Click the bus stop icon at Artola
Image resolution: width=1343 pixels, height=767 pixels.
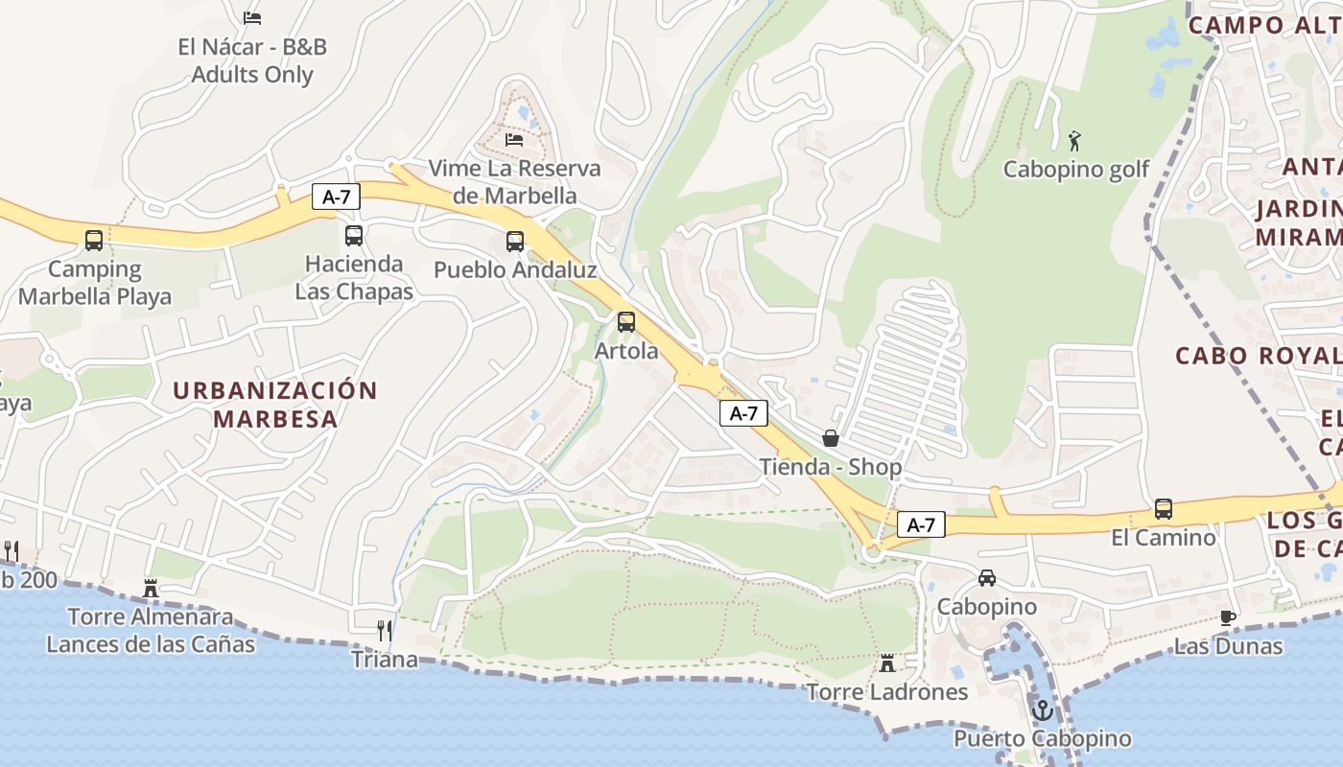click(x=626, y=322)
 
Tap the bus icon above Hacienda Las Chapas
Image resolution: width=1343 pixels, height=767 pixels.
click(x=354, y=235)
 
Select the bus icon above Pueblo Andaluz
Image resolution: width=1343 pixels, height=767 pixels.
click(x=515, y=241)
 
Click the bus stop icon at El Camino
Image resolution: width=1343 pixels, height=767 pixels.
click(x=1164, y=508)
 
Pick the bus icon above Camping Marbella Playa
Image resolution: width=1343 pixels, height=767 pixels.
click(x=94, y=240)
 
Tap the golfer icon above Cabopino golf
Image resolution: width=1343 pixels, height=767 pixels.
click(x=1074, y=141)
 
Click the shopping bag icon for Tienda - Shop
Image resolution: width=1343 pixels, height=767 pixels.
click(x=831, y=438)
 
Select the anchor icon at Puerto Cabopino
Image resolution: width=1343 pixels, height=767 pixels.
click(x=1042, y=710)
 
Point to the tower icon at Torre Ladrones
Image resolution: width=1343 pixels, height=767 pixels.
click(x=887, y=662)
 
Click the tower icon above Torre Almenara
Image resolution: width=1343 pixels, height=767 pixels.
click(x=151, y=587)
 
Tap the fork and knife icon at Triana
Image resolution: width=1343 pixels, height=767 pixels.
click(x=385, y=630)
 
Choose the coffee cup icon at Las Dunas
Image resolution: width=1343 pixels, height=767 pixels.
click(x=1227, y=617)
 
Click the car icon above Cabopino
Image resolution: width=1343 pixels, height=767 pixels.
click(x=987, y=578)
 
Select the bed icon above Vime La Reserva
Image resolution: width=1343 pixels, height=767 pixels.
click(x=514, y=140)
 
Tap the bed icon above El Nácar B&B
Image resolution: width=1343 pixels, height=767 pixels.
click(x=252, y=17)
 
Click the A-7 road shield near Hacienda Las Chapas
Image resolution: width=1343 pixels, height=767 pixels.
click(x=336, y=198)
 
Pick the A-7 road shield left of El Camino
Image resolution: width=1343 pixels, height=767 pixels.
click(x=921, y=524)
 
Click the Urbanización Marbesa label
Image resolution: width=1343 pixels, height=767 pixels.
click(x=275, y=405)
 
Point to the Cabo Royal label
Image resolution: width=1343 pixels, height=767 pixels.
click(x=1258, y=356)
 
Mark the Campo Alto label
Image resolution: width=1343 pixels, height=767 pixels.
click(x=1264, y=25)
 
